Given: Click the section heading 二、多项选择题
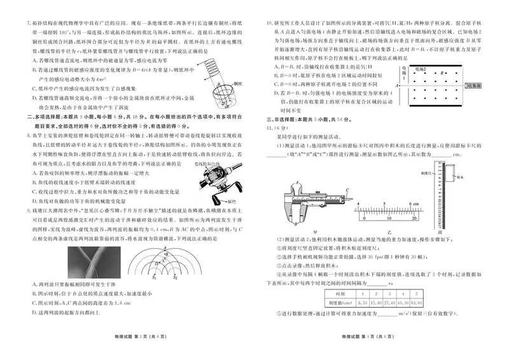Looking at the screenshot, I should pos(41,118).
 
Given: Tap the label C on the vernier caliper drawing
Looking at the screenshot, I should pos(346,190).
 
